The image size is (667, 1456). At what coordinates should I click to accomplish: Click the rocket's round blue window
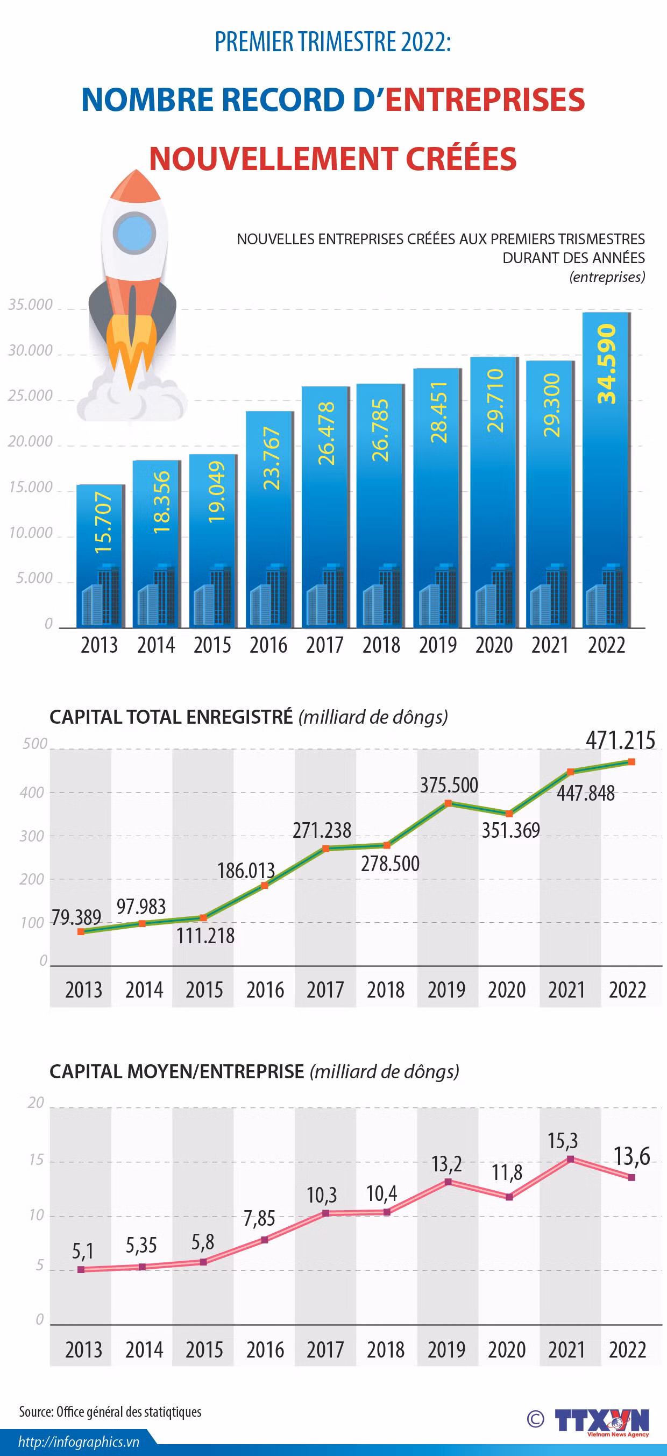(x=134, y=233)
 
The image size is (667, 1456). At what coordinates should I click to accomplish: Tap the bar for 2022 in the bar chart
(x=607, y=470)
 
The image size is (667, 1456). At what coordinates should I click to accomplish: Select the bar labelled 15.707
(x=101, y=556)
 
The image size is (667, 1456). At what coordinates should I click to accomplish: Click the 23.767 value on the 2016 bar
(x=271, y=458)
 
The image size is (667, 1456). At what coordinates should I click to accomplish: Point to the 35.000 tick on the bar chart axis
(x=30, y=305)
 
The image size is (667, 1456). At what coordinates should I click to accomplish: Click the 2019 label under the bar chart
(x=437, y=645)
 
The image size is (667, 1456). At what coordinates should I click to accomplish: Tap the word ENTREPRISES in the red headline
(x=485, y=100)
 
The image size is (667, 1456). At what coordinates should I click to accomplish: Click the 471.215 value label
(x=620, y=740)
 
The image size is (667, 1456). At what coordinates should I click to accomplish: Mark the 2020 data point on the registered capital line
(x=509, y=814)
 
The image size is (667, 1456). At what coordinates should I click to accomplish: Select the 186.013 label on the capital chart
(x=246, y=871)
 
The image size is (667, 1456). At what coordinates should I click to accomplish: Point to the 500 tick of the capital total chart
(x=35, y=744)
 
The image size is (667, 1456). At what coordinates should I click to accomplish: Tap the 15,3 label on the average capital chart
(x=563, y=1141)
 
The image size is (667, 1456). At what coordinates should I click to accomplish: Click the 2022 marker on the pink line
(x=631, y=1177)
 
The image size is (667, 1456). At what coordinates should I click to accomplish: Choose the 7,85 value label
(x=259, y=1218)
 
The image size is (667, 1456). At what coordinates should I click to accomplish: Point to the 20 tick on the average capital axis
(x=36, y=1102)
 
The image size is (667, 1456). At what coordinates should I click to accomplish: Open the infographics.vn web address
(x=79, y=1442)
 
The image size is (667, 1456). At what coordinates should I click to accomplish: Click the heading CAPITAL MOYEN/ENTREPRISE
(x=177, y=1071)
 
